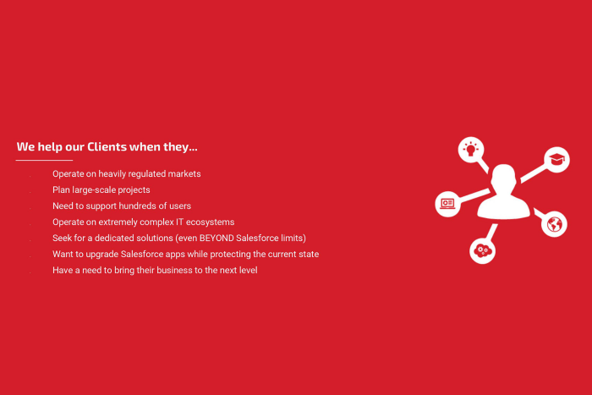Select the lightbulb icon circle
click(x=471, y=150)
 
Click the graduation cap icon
click(x=556, y=159)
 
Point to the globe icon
click(x=554, y=224)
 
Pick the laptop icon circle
click(x=447, y=204)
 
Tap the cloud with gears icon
click(x=483, y=250)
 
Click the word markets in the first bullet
click(x=184, y=174)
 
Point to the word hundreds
click(x=141, y=206)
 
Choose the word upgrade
click(x=102, y=255)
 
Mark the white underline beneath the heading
click(x=44, y=161)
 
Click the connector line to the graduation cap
click(x=534, y=173)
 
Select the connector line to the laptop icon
click(x=475, y=195)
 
